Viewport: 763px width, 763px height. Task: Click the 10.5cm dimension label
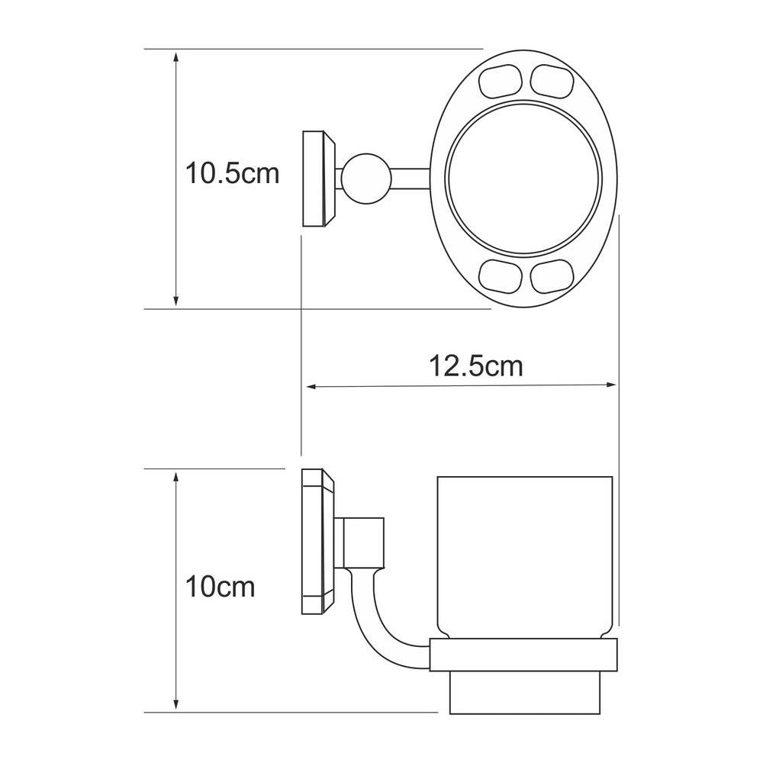233,173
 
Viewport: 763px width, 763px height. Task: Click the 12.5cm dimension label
476,366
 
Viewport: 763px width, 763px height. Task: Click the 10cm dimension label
220,587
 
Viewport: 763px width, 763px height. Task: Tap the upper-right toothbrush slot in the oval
552,81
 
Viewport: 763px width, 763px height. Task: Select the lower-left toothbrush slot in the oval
501,277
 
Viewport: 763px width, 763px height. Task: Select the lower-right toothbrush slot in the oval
552,277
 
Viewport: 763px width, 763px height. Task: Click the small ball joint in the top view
366,179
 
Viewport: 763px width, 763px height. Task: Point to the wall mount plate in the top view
319,179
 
